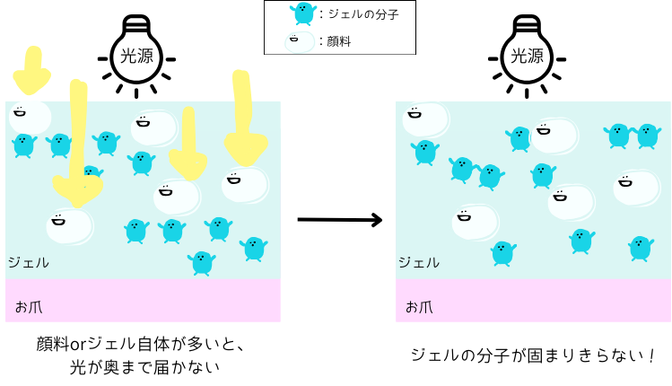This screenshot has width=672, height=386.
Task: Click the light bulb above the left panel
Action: pyautogui.click(x=136, y=51)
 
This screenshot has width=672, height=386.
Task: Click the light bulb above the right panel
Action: pyautogui.click(x=527, y=51)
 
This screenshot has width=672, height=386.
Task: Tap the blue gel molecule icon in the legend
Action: pyautogui.click(x=303, y=13)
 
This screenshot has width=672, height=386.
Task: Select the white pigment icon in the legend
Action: pyautogui.click(x=300, y=41)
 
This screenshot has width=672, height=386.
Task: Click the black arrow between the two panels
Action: pyautogui.click(x=340, y=219)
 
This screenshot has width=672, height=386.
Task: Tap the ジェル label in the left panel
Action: pyautogui.click(x=28, y=263)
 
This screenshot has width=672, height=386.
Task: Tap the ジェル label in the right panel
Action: pyautogui.click(x=419, y=263)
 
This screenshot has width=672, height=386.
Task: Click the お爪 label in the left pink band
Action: pyautogui.click(x=29, y=306)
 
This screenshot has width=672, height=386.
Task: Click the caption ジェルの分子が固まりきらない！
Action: pyautogui.click(x=533, y=355)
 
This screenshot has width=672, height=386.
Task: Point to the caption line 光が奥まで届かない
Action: pyautogui.click(x=144, y=367)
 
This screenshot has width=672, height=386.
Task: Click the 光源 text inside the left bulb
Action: pyautogui.click(x=136, y=57)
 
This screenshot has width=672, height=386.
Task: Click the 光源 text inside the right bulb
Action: pyautogui.click(x=527, y=57)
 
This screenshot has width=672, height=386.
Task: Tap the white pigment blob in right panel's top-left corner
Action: pyautogui.click(x=424, y=119)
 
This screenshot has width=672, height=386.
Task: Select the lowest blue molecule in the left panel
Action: pyautogui.click(x=202, y=262)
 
